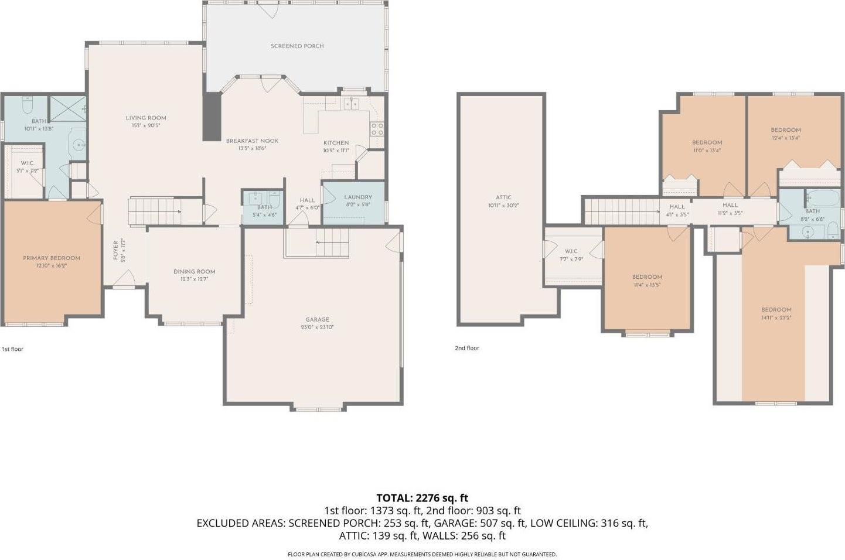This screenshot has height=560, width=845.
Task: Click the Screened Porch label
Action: [297, 46]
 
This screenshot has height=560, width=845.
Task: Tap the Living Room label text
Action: [146, 118]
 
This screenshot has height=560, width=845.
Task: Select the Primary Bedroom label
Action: [52, 258]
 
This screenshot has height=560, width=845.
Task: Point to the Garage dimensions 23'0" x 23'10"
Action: [317, 327]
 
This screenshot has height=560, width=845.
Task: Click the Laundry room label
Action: [357, 197]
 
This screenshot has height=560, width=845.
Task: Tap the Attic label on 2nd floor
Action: [503, 198]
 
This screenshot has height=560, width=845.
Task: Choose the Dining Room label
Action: [194, 272]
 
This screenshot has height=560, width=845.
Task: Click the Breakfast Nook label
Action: [252, 141]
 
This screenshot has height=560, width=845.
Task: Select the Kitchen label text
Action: [336, 143]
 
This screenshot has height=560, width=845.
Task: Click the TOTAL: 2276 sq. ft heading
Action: [422, 498]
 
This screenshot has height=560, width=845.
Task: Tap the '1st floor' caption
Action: [12, 349]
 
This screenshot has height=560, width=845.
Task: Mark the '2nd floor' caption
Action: [467, 348]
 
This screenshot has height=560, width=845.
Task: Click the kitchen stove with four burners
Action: [377, 129]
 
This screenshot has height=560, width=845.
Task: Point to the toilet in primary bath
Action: [27, 106]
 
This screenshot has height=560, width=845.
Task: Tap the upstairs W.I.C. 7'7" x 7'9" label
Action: [571, 251]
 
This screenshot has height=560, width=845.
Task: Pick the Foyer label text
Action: [115, 251]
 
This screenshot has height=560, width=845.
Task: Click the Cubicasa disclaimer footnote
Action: [422, 554]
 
